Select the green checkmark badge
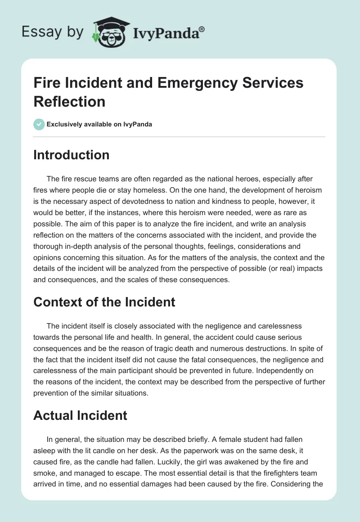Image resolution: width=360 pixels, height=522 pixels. [39, 124]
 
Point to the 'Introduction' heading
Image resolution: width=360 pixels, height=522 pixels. [72, 155]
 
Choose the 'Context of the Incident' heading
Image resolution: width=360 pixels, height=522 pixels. [104, 301]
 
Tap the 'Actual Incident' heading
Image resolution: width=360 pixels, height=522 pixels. [81, 415]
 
